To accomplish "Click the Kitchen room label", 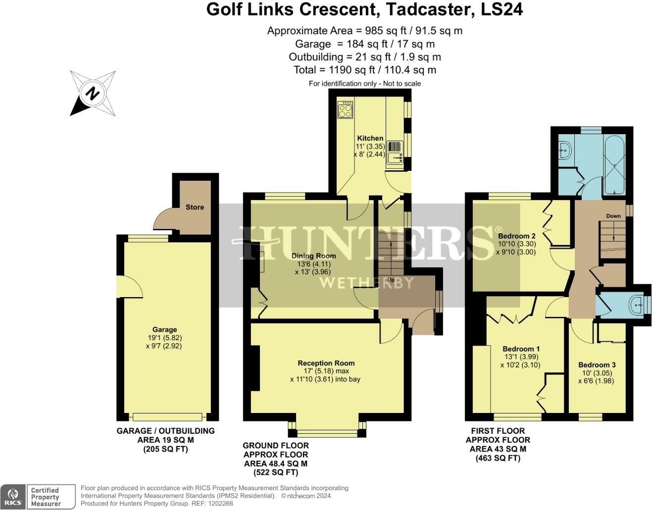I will tap(370, 138).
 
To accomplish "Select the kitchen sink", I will tap(395, 158).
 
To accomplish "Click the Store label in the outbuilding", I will tap(195, 207).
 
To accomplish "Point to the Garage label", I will tap(164, 329).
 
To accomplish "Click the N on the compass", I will tap(92, 93).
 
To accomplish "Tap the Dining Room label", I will tap(313, 256).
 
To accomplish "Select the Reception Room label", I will tap(326, 363).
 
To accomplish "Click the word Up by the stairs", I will tap(390, 280).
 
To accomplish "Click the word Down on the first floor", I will tap(613, 216).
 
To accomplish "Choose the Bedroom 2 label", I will tap(516, 236).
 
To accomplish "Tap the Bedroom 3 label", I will tap(597, 364).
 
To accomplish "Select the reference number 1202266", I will tap(221, 504).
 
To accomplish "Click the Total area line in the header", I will tap(365, 70).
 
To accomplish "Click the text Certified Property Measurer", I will tap(45, 497).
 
